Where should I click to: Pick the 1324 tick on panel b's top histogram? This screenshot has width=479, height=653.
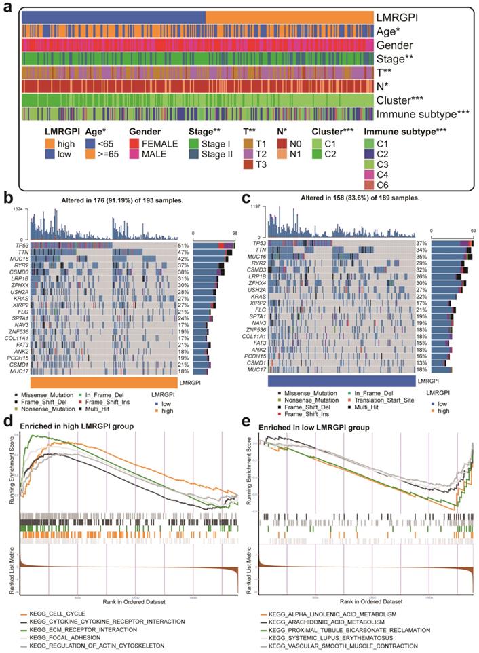(16, 211)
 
